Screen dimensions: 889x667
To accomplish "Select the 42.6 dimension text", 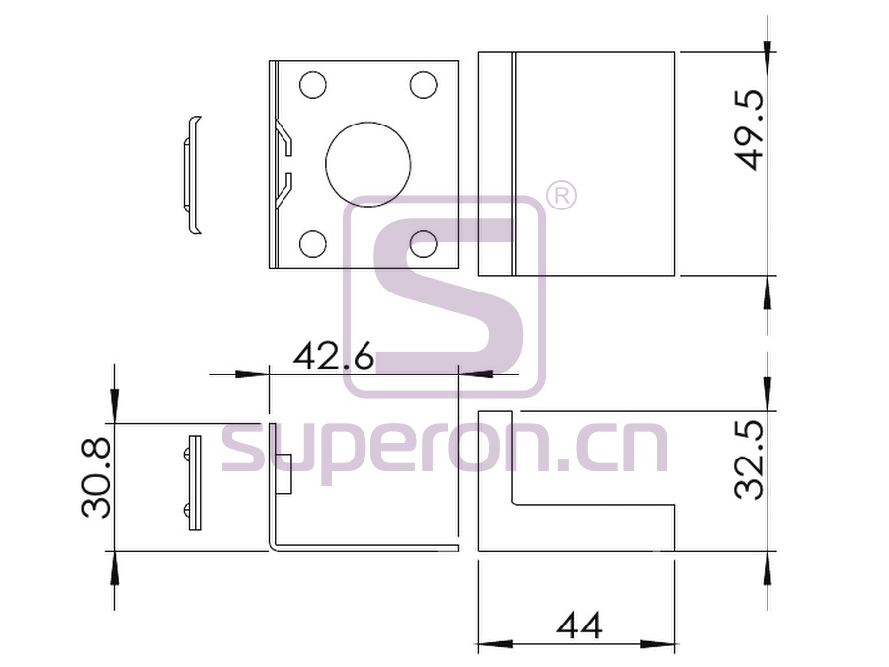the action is pos(334,356).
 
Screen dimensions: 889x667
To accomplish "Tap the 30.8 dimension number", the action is pos(96,478).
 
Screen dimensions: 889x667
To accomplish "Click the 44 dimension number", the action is pos(579,626).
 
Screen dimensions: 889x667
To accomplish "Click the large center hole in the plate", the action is pos(368,163).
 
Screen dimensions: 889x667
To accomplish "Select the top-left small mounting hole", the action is pos(313,86).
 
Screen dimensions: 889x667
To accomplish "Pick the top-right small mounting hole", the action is pos(423,85).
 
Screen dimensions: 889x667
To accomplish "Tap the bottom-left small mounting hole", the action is pos(313,244).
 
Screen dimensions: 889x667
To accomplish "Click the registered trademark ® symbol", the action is pos(560,196).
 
